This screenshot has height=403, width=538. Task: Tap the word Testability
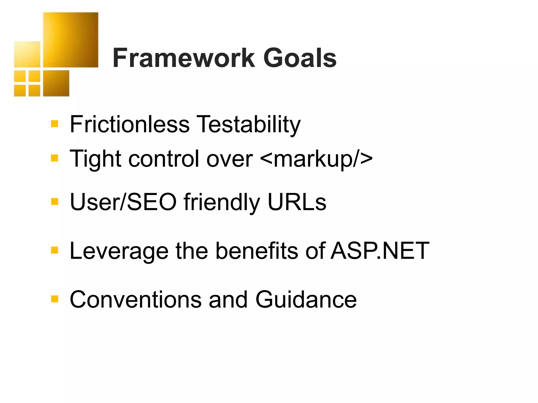click(x=248, y=125)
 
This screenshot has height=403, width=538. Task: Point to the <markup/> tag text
click(x=316, y=159)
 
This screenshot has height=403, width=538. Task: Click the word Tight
click(x=95, y=159)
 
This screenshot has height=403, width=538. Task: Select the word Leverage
click(x=119, y=251)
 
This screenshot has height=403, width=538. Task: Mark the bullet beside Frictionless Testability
click(x=54, y=124)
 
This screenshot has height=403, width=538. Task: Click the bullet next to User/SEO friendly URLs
click(x=54, y=201)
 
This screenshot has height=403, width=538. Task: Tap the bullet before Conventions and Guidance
click(x=54, y=299)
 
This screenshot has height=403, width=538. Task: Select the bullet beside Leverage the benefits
click(x=54, y=250)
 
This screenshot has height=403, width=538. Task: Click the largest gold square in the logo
click(x=71, y=40)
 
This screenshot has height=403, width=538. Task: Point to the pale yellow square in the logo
click(x=27, y=54)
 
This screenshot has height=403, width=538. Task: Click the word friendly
click(x=222, y=203)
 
